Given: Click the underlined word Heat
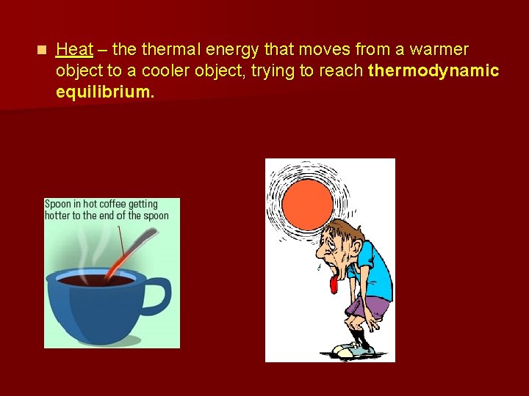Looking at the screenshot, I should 74,50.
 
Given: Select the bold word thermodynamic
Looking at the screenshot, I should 433,71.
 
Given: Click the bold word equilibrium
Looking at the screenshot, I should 105,92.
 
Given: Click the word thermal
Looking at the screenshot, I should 170,50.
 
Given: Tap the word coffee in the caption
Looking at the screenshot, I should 111,205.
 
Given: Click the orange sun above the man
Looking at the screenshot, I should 307,201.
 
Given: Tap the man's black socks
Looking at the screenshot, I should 359,337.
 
